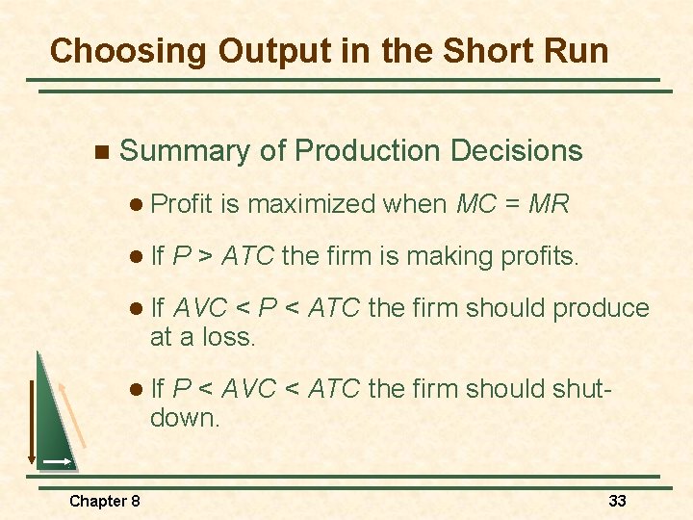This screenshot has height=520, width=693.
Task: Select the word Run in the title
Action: (572, 50)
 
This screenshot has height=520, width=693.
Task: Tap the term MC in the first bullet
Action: (476, 204)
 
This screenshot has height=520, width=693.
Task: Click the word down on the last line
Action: (185, 418)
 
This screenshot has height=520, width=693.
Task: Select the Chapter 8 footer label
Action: (105, 501)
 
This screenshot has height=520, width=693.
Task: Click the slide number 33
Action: (618, 501)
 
